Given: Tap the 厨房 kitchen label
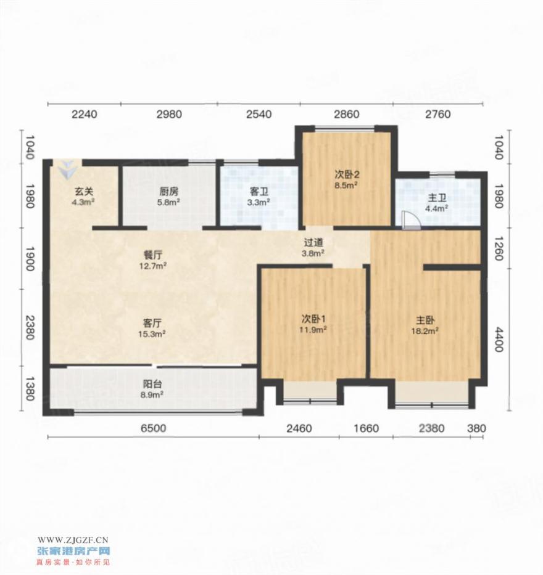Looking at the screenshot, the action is (x=169, y=192).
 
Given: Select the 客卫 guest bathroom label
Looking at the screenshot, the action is (x=259, y=192).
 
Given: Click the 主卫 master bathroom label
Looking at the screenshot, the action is (x=437, y=198).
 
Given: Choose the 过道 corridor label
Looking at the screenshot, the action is (x=313, y=242).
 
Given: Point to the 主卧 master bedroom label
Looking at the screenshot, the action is (x=426, y=320).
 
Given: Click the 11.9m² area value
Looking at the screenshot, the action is (x=313, y=330).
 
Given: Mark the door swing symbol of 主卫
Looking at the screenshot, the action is (x=411, y=221).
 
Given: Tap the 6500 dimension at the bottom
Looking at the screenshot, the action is (x=154, y=428).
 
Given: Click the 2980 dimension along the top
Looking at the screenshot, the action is (x=169, y=115).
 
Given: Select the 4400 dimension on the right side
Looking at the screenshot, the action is (x=498, y=340).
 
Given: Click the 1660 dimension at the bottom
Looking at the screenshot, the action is (x=367, y=428).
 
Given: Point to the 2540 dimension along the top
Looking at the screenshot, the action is (x=259, y=115).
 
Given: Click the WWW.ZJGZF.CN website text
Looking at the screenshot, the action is (x=73, y=540).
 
